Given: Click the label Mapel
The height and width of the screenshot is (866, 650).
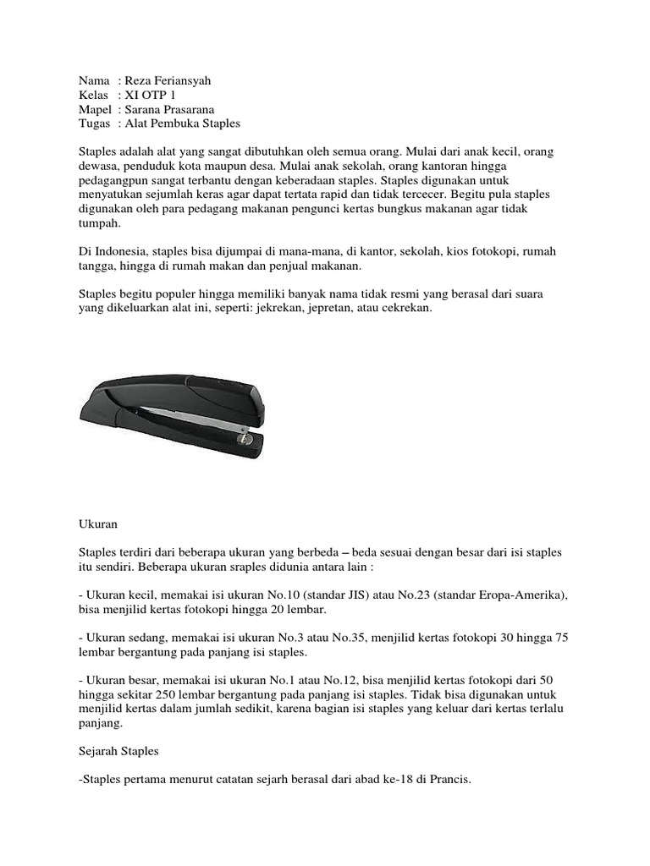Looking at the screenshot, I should coord(95,109).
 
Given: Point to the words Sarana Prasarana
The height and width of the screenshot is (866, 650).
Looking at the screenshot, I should coord(179,109).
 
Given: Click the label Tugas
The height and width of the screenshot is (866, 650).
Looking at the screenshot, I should coord(94,123).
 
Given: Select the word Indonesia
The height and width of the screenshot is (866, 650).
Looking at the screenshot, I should coord(121,253).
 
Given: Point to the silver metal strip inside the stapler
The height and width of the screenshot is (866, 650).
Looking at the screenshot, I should coord(194,415).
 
